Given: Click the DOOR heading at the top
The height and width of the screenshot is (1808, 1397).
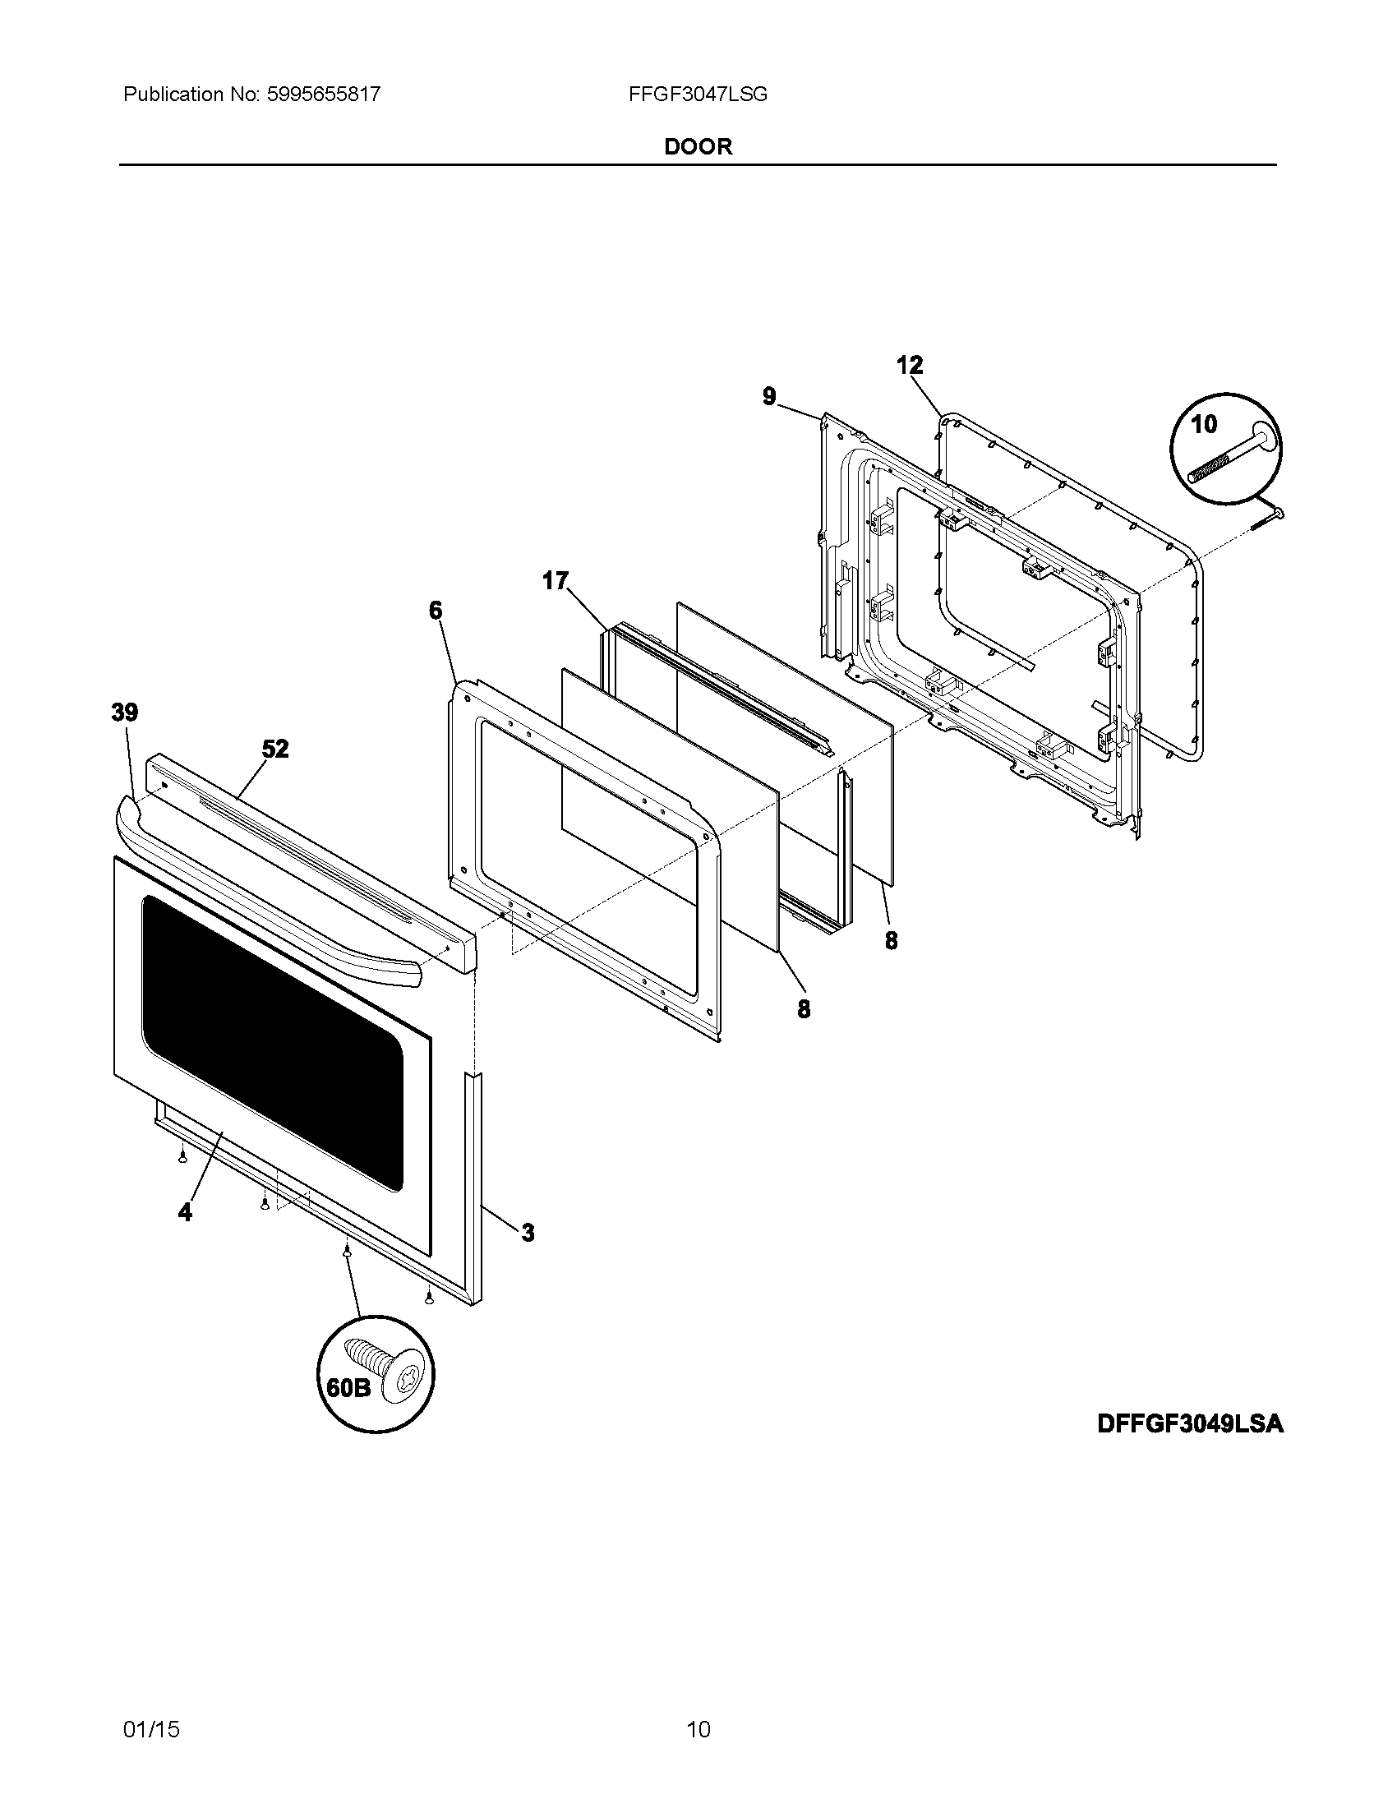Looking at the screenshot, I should click(x=698, y=146).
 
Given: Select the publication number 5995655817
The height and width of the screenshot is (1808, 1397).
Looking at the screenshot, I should click(x=323, y=95).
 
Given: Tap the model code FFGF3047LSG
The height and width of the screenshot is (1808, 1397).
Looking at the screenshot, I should click(x=698, y=95).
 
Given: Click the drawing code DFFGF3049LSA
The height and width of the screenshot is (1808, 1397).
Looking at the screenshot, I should click(x=1190, y=1424).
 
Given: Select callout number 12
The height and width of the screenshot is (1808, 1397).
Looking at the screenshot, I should click(x=910, y=365).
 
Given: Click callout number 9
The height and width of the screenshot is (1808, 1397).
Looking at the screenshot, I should click(x=770, y=397).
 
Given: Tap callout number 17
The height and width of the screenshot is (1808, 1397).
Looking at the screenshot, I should click(x=556, y=581).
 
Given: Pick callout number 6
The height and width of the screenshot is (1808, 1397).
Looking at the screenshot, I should click(x=436, y=611).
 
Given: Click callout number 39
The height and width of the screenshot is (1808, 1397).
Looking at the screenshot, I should click(x=125, y=712).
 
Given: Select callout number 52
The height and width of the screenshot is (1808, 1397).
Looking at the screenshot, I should click(x=275, y=749).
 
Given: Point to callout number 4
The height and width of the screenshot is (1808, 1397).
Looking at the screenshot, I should click(x=185, y=1212).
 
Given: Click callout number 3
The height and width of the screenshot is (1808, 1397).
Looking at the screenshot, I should click(x=528, y=1233).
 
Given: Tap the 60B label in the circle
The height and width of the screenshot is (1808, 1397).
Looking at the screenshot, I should click(x=348, y=1387).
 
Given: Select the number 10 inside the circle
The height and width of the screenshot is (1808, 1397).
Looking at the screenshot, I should click(x=1204, y=425).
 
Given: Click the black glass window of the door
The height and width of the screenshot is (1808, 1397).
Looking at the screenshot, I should click(x=273, y=1043).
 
